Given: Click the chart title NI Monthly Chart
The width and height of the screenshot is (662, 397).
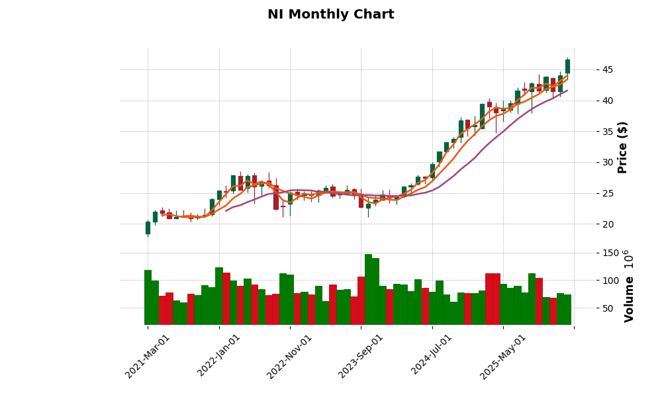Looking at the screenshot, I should pyautogui.click(x=330, y=15).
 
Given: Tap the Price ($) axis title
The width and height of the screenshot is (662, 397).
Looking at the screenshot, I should pyautogui.click(x=622, y=147).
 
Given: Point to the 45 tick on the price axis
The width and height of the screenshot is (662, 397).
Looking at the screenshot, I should pyautogui.click(x=607, y=69).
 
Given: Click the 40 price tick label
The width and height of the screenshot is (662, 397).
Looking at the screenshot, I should pyautogui.click(x=607, y=101).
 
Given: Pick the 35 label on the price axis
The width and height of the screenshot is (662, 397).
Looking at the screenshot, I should pyautogui.click(x=607, y=132).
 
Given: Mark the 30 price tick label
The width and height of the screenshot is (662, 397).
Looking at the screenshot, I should pyautogui.click(x=607, y=162).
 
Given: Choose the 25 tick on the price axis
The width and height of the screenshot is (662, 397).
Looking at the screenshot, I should pyautogui.click(x=607, y=193).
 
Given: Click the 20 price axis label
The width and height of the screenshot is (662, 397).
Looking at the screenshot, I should pyautogui.click(x=607, y=224).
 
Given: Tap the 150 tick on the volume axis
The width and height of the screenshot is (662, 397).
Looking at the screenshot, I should pyautogui.click(x=610, y=253).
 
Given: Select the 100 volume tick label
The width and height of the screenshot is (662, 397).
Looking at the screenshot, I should pyautogui.click(x=610, y=281).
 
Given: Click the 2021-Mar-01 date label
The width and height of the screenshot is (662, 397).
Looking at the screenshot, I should pyautogui.click(x=148, y=356).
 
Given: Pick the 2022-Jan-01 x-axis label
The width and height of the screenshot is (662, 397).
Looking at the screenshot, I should pyautogui.click(x=219, y=356).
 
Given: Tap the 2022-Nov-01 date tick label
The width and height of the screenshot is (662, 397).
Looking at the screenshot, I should pyautogui.click(x=289, y=356).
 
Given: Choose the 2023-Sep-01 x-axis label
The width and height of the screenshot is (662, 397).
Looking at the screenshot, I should pyautogui.click(x=361, y=356).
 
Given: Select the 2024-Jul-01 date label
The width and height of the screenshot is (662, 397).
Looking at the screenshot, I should pyautogui.click(x=432, y=356).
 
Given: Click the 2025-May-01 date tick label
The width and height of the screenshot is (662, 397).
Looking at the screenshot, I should pyautogui.click(x=502, y=356).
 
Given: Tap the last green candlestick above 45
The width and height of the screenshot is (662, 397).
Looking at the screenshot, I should pyautogui.click(x=567, y=66).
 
